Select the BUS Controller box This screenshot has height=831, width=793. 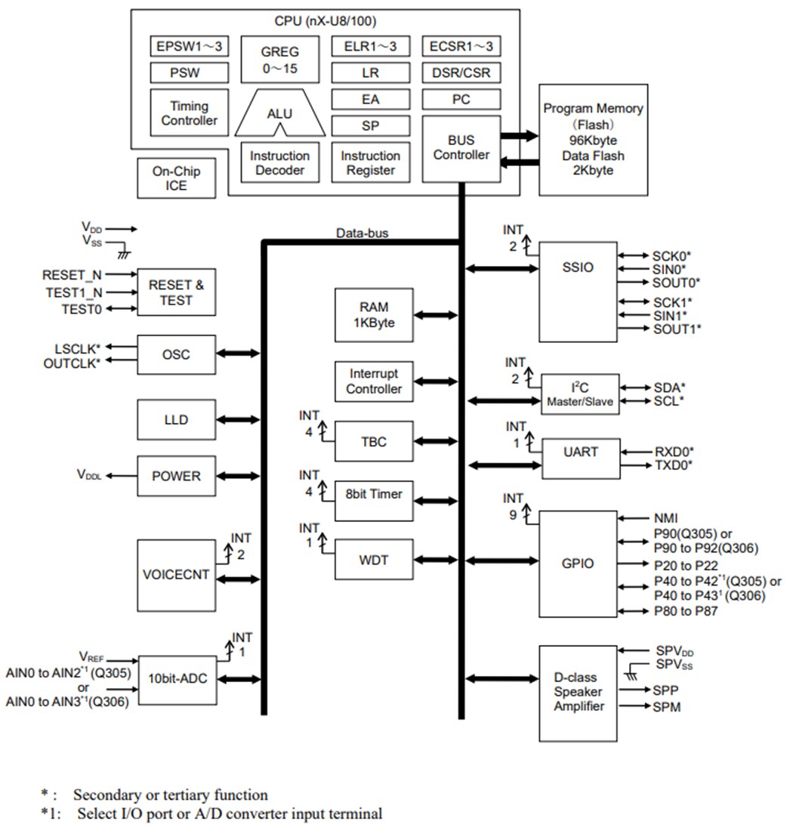[x=461, y=148]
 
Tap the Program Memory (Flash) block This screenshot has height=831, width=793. [x=593, y=140]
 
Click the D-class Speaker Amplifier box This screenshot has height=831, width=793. [x=579, y=693]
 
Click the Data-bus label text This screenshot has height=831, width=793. [x=362, y=233]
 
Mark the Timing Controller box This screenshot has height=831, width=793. [x=189, y=113]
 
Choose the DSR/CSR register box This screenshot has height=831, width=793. [x=461, y=73]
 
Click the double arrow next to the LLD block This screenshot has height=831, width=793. [x=239, y=419]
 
